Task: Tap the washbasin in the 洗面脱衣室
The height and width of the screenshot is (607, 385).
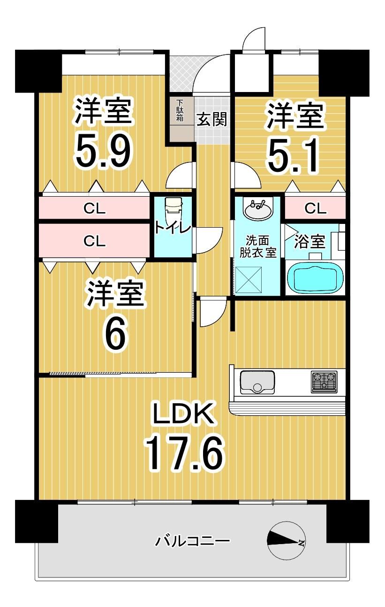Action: click(258, 210)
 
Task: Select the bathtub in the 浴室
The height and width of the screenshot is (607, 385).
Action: click(315, 278)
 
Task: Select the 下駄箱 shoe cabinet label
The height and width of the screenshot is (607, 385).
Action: click(180, 111)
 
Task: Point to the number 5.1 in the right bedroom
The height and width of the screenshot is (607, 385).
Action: click(293, 156)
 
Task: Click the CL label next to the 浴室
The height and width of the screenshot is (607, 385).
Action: click(316, 208)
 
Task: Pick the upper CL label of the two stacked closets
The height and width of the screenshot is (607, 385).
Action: click(94, 208)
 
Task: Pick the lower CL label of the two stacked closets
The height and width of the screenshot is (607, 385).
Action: click(94, 241)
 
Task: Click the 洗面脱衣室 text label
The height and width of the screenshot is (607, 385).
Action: click(258, 246)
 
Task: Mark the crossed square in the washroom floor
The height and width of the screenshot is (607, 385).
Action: click(248, 280)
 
